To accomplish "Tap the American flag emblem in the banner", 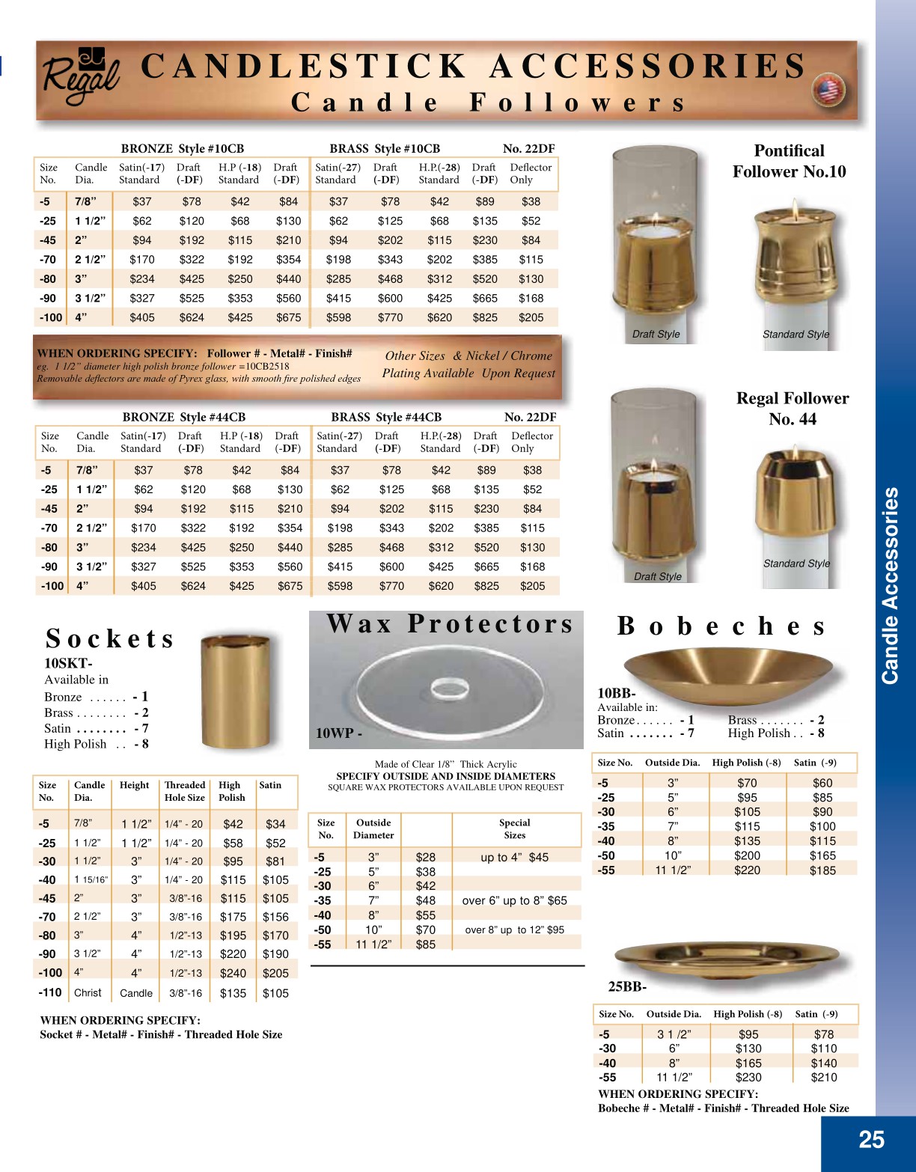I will (828, 91).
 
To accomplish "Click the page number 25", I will (871, 1139).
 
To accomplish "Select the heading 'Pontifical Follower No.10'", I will (789, 161).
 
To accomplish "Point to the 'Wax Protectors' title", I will (450, 623).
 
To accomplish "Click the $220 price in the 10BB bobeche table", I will (747, 870).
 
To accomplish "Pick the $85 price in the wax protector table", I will (425, 944).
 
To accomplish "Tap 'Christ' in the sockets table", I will (88, 992).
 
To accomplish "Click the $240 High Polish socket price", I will (233, 973).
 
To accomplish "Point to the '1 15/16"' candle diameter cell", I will (91, 880).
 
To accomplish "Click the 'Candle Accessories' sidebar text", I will (891, 585).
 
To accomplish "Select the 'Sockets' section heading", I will (110, 638).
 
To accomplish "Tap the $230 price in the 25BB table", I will (748, 1077).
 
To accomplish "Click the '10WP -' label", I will (339, 733).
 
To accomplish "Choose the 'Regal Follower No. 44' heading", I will (793, 409).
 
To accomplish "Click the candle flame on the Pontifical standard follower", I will (794, 207).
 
